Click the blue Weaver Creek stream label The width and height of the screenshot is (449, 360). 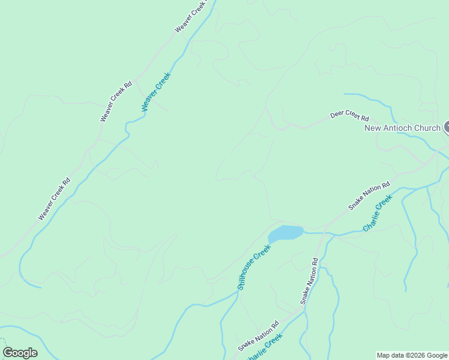(156, 92)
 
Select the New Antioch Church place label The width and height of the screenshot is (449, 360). (402, 128)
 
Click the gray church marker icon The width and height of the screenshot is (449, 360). (447, 127)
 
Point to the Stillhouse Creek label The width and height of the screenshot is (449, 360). (254, 267)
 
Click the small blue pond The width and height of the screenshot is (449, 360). (285, 233)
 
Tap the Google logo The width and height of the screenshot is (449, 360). (20, 353)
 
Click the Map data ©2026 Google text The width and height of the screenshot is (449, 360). (412, 355)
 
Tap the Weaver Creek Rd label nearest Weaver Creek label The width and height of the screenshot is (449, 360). (116, 101)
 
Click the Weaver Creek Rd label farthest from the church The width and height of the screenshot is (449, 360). (54, 199)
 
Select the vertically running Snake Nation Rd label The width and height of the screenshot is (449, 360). (309, 281)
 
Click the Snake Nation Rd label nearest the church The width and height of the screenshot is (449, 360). (369, 196)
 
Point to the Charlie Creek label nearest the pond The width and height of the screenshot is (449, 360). (377, 213)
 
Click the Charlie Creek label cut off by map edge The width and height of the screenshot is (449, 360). (265, 347)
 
